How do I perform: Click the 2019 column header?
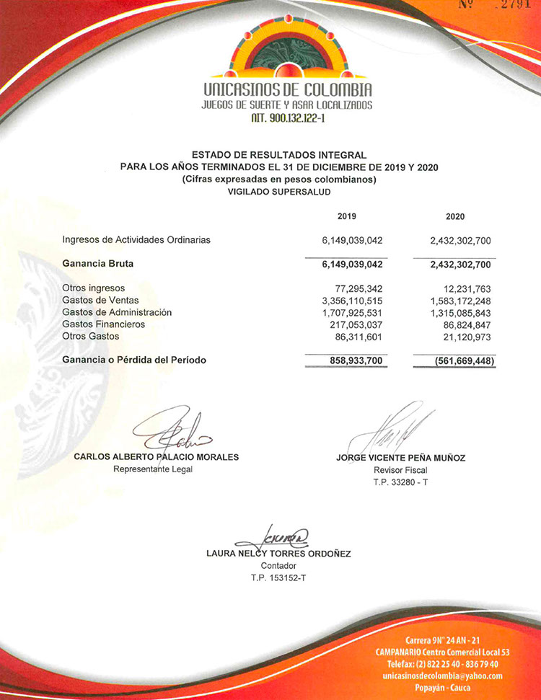point(346,216)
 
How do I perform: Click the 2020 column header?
point(455,216)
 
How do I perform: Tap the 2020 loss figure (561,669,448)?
point(454,360)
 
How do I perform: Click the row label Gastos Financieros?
point(104,324)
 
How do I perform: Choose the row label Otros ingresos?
point(94,288)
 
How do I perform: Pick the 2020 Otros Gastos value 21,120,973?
point(463,337)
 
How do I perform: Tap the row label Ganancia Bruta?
point(98,264)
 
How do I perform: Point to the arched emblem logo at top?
point(287,48)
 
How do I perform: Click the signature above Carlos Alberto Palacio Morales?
point(173,431)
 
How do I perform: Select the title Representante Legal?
point(153,469)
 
